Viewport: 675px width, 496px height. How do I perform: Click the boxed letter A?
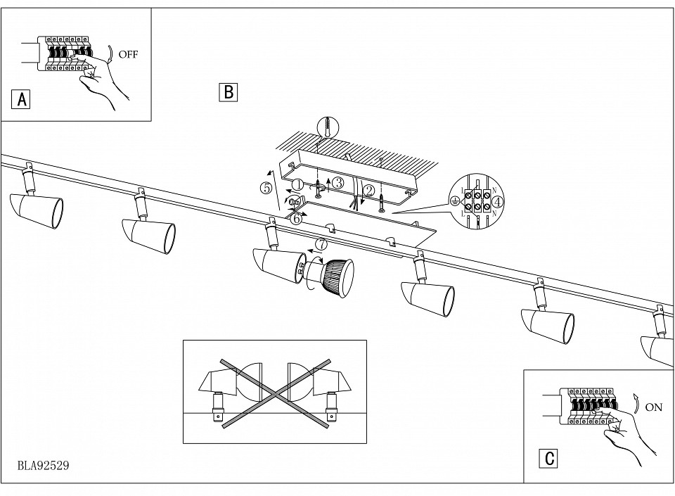(22, 100)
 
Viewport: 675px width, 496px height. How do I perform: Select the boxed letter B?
(229, 92)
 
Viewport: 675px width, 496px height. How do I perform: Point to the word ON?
(654, 407)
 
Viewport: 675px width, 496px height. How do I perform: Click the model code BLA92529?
(43, 466)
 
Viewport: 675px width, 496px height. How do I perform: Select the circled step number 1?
(297, 185)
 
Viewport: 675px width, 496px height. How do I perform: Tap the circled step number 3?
(338, 183)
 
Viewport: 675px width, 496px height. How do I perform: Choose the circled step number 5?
(266, 189)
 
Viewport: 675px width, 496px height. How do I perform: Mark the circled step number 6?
(297, 218)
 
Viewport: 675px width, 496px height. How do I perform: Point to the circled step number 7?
(321, 245)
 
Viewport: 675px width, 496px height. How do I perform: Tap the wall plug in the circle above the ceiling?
(327, 127)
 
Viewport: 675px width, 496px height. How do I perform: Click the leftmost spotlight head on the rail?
(37, 210)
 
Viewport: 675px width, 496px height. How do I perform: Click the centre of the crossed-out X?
(275, 392)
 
